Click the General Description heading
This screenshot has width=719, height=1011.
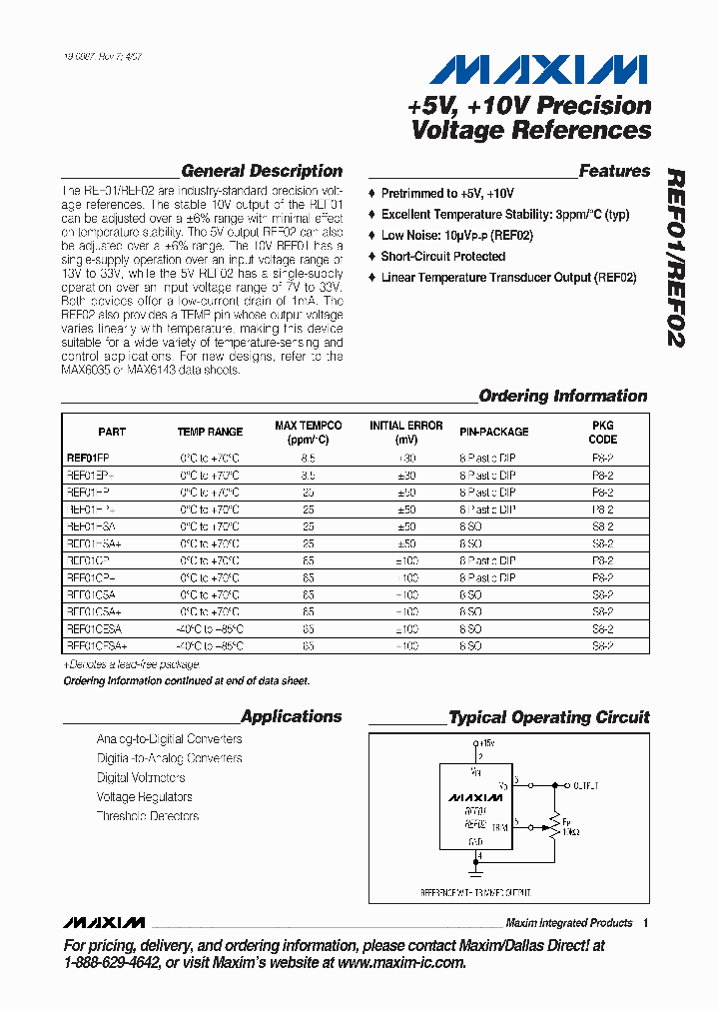(262, 171)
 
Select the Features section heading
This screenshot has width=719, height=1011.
(614, 171)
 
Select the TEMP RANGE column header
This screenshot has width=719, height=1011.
(210, 432)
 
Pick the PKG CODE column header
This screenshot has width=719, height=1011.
(602, 432)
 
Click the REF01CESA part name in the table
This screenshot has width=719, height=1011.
(94, 629)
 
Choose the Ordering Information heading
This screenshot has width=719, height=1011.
(563, 396)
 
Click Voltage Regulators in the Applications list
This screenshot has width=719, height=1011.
(144, 797)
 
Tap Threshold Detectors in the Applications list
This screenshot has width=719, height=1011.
(147, 816)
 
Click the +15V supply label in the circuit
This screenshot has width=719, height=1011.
(486, 744)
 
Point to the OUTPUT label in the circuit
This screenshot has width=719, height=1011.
(586, 786)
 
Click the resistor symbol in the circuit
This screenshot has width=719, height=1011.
(552, 825)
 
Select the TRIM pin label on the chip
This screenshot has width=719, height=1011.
(499, 827)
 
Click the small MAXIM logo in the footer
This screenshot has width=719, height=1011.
(103, 922)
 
